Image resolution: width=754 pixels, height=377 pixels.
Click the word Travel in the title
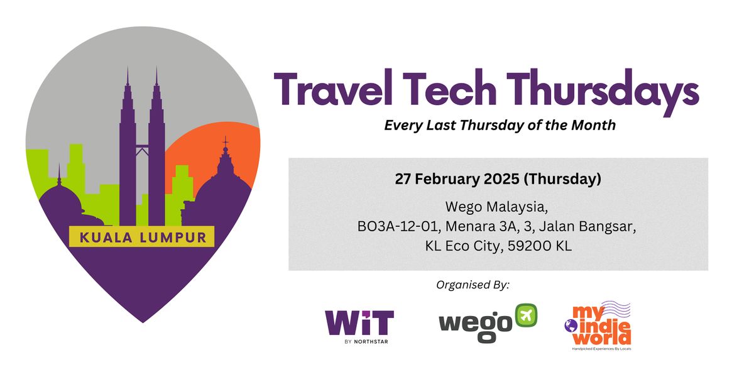pos(333,88)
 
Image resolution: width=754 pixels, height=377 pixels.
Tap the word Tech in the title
pos(450,88)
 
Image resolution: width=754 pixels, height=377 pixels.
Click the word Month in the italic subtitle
pos(593,125)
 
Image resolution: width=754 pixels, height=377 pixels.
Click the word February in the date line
pos(447,178)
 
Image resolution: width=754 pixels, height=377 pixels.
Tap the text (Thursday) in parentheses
pos(562,178)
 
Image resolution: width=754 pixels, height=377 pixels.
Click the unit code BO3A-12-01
pos(399,227)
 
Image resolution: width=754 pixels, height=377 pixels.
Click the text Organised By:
pos(473,285)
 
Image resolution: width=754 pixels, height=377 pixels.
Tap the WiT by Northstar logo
pos(359,327)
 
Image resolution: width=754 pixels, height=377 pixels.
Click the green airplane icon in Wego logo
pos(526,315)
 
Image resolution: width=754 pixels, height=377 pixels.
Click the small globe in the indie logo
pos(571,326)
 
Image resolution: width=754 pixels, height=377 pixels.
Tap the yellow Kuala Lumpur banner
pos(142,237)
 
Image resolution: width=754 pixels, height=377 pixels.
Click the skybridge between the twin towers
pos(142,146)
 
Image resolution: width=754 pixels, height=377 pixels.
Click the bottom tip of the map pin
pos(143,322)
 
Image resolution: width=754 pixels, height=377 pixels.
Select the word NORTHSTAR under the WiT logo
pos(371,342)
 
